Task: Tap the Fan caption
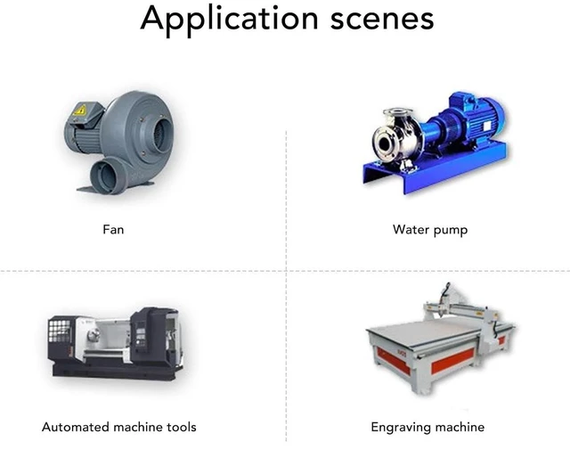113,230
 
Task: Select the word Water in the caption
410,230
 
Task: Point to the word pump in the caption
451,231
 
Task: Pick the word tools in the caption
182,427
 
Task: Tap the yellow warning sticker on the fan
80,110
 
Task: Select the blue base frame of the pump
436,168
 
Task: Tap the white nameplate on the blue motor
487,126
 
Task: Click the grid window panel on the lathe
60,331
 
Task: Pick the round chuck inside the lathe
93,335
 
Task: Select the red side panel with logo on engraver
394,359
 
